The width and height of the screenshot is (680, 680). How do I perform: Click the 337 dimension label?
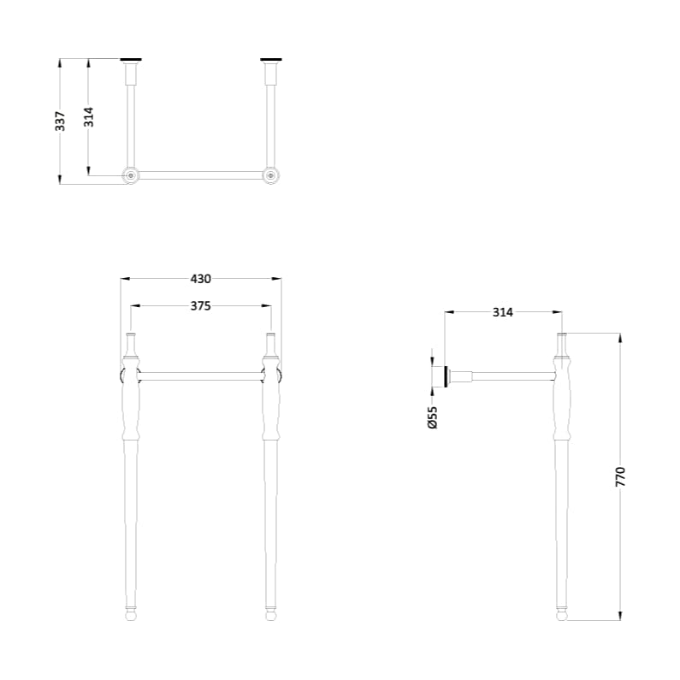pyautogui.click(x=60, y=121)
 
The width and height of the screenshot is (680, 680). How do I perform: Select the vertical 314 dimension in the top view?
pyautogui.click(x=88, y=116)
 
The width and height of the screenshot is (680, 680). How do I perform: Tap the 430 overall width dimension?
pyautogui.click(x=200, y=279)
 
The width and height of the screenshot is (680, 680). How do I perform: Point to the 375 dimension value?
pyautogui.click(x=200, y=305)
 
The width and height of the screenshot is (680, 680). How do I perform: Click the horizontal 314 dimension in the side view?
pyautogui.click(x=502, y=313)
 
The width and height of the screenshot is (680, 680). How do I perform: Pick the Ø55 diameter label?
pyautogui.click(x=432, y=417)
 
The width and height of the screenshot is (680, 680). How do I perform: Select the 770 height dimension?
pyautogui.click(x=621, y=476)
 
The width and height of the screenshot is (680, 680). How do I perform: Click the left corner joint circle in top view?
pyautogui.click(x=130, y=175)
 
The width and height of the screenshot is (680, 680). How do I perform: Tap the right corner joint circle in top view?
pyautogui.click(x=271, y=175)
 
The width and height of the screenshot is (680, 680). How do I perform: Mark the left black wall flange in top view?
pyautogui.click(x=130, y=60)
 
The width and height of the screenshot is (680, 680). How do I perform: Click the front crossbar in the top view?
pyautogui.click(x=200, y=175)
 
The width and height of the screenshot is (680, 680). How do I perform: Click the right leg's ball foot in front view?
pyautogui.click(x=270, y=612)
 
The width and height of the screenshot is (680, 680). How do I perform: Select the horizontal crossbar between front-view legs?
pyautogui.click(x=200, y=375)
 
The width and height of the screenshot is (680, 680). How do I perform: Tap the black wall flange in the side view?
pyautogui.click(x=446, y=376)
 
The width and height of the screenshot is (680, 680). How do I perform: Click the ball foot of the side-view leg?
pyautogui.click(x=561, y=612)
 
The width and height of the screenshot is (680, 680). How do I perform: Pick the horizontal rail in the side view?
pyautogui.click(x=513, y=375)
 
